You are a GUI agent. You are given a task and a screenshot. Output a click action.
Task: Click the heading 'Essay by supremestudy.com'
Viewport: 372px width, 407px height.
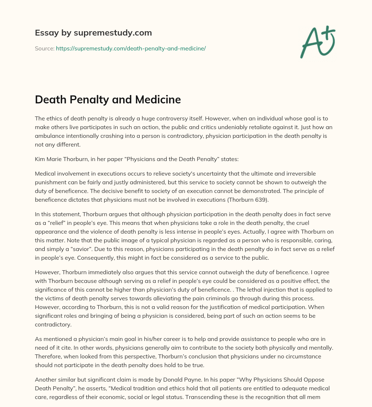(93, 33)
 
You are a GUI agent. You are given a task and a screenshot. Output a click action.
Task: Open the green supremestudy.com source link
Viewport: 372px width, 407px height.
(131, 48)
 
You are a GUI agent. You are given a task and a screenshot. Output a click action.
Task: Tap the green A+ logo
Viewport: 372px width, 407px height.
(317, 41)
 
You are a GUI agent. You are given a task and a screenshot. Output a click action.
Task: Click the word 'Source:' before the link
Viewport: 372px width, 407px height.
(45, 48)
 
